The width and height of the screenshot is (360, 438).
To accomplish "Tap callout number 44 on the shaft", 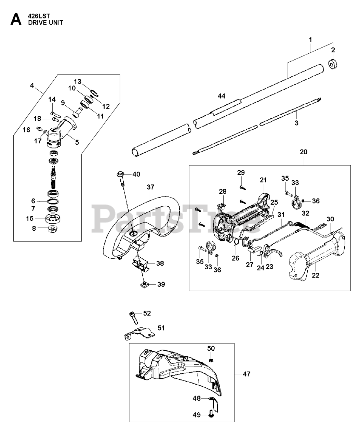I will (x=222, y=96).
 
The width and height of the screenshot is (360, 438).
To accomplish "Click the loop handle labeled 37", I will (x=144, y=219).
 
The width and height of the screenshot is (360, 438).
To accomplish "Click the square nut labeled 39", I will (x=145, y=284).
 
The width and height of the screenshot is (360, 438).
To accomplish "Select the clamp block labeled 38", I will (x=141, y=264).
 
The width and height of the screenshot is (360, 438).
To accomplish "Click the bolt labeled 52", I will (x=133, y=317).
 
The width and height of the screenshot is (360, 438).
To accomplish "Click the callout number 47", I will (x=246, y=374).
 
